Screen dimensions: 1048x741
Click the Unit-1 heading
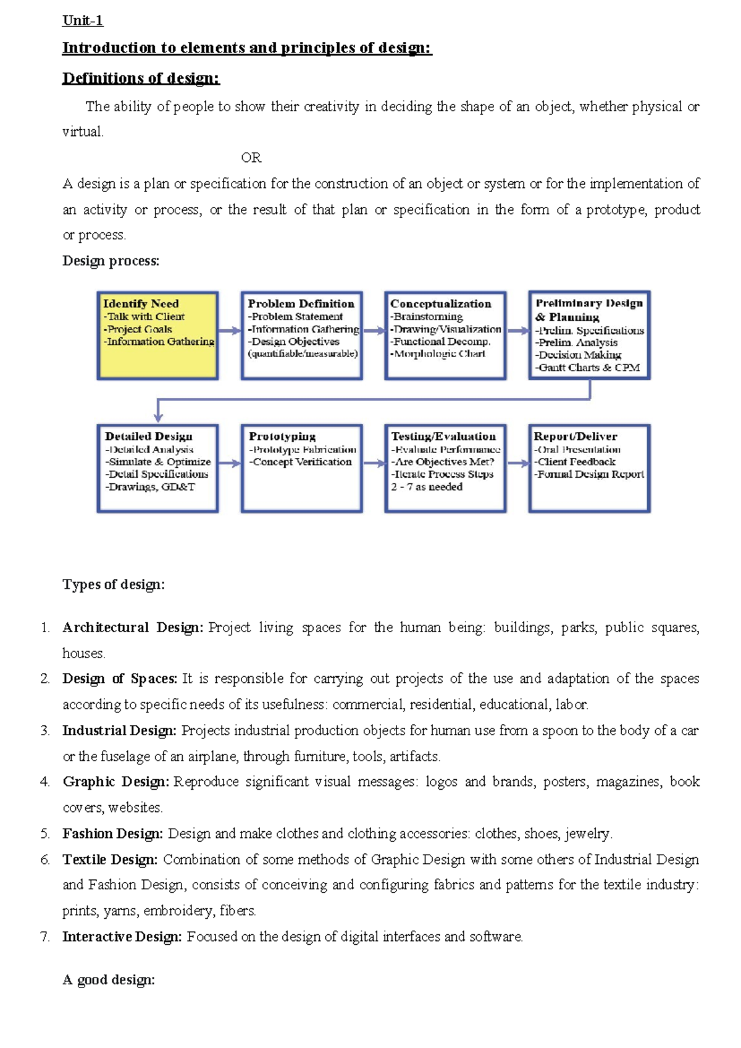82,20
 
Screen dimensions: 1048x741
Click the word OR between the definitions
251,158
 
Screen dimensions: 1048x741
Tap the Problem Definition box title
301,303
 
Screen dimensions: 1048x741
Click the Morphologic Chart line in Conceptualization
438,353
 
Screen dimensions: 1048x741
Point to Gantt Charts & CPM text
587,368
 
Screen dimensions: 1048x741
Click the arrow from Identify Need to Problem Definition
229,331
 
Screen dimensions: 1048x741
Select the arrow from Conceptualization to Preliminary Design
517,331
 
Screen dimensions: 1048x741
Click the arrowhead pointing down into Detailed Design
158,417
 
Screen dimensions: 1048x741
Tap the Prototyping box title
282,436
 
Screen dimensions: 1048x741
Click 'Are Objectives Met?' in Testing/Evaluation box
443,462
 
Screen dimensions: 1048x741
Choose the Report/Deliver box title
575,436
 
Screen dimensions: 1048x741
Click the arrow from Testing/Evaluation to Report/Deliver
517,463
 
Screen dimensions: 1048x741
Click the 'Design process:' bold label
111,261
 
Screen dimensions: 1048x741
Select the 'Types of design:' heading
114,585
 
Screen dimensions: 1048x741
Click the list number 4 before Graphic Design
45,782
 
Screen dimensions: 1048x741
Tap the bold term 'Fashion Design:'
112,834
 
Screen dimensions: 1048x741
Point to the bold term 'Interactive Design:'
122,937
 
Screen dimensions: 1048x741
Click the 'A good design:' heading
109,980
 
